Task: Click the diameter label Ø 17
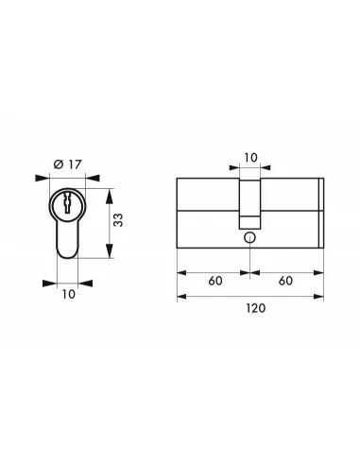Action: (x=64, y=164)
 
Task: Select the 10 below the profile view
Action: (x=67, y=295)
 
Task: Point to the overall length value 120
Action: (x=250, y=309)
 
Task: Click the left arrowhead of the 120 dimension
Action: (x=181, y=296)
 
